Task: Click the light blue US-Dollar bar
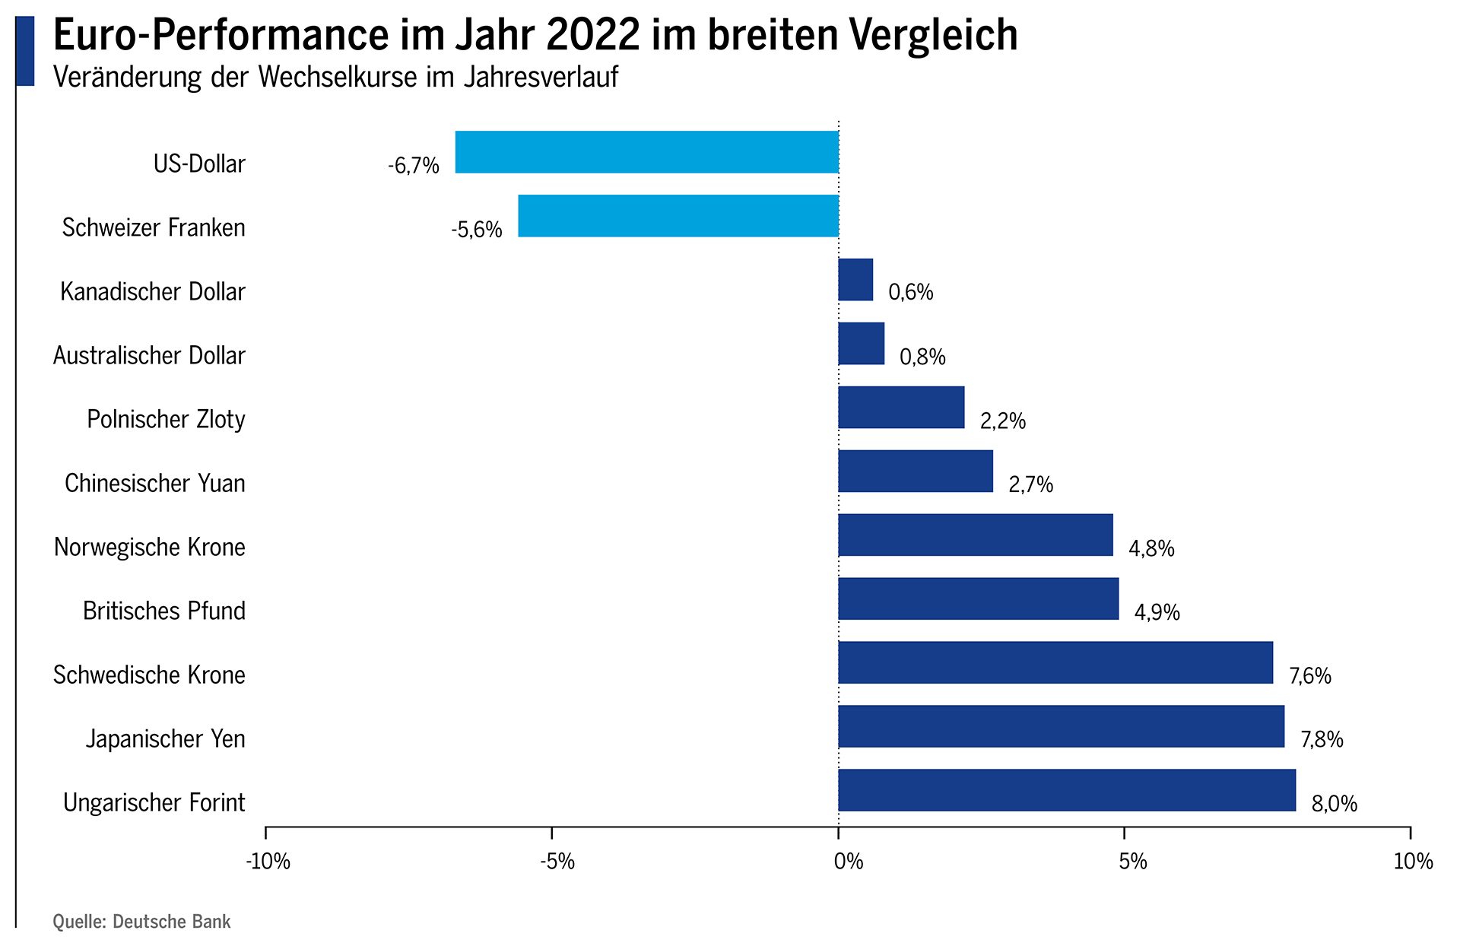click(646, 152)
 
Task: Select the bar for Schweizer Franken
click(678, 216)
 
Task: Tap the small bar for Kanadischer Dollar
click(855, 280)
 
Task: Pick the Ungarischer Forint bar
click(1067, 790)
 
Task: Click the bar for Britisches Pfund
click(978, 599)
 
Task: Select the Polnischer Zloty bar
click(901, 408)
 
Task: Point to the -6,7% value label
click(414, 165)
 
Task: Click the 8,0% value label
click(1335, 804)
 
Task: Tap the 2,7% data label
click(1030, 484)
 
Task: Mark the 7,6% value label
click(1310, 676)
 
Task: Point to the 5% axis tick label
click(1132, 862)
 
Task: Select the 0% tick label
click(848, 862)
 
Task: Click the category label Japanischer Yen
click(165, 738)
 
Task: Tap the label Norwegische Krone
click(149, 547)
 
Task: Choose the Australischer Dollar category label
click(149, 355)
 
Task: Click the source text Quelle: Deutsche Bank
click(141, 922)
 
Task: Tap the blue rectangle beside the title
click(25, 51)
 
